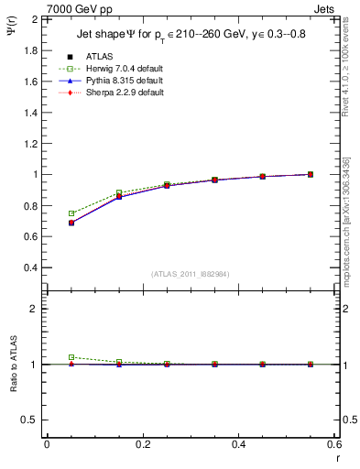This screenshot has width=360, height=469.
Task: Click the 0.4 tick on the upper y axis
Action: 29,267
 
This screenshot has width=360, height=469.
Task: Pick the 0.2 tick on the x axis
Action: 142,445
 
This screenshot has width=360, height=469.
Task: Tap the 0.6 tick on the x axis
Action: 334,445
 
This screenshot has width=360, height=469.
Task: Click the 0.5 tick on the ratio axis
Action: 29,420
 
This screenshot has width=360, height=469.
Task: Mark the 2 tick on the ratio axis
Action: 32,309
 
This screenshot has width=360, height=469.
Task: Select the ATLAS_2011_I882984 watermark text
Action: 190,274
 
